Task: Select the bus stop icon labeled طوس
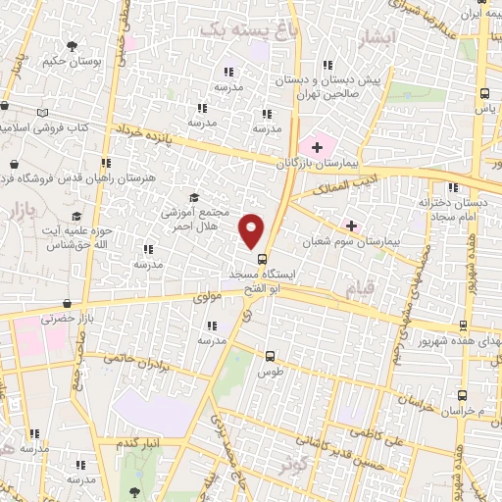271,357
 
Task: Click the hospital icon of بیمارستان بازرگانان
317,147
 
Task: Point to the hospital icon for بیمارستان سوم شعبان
351,226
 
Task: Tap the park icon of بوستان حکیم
72,45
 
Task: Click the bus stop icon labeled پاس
483,93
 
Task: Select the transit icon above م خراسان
462,394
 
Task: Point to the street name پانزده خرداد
149,132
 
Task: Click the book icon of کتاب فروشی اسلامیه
41,114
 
